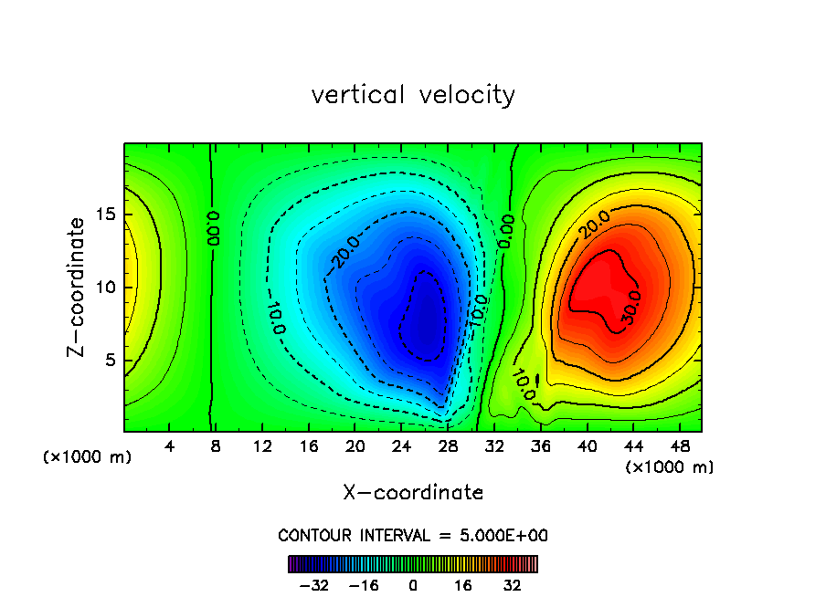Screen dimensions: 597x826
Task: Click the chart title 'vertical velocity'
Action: point(413,95)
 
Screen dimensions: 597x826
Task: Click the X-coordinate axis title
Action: point(413,493)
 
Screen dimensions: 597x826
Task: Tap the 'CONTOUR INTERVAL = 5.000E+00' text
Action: point(413,535)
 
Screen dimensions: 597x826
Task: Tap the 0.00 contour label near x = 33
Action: point(505,231)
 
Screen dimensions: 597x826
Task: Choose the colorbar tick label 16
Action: point(463,585)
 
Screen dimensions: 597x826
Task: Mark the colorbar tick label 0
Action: point(413,585)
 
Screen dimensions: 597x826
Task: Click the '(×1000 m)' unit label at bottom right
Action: point(669,467)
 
